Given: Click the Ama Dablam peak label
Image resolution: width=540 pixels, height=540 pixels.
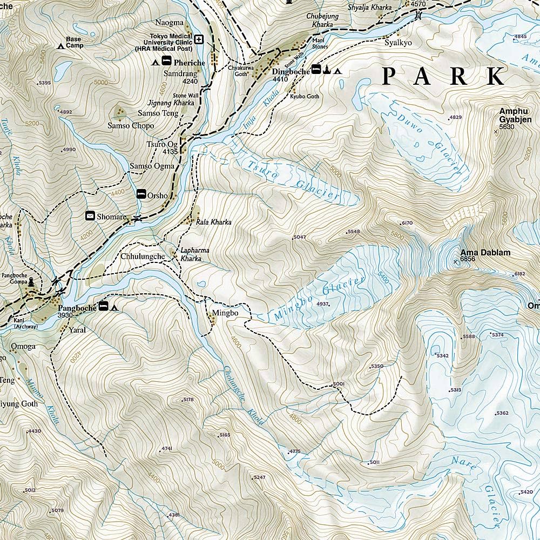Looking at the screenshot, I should pos(485,252).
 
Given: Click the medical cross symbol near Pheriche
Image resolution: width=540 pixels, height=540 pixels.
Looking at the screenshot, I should pos(199,39).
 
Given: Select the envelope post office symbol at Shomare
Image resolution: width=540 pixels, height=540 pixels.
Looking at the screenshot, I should pos(90,216).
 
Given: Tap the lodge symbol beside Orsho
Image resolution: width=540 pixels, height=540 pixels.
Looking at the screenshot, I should pos(141,193).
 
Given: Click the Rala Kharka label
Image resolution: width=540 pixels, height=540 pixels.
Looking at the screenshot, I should pos(213,222).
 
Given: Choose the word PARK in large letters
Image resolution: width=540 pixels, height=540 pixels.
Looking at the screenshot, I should pos(443,77).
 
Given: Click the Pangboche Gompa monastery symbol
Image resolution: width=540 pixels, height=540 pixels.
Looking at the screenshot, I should pos(31,281).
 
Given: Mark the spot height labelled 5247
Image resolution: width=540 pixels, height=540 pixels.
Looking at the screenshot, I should pos(260,477).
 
